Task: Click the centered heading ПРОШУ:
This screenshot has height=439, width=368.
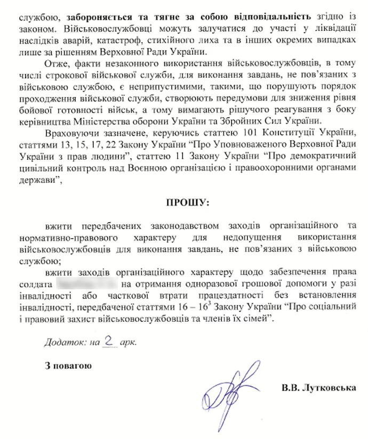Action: coord(183,204)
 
